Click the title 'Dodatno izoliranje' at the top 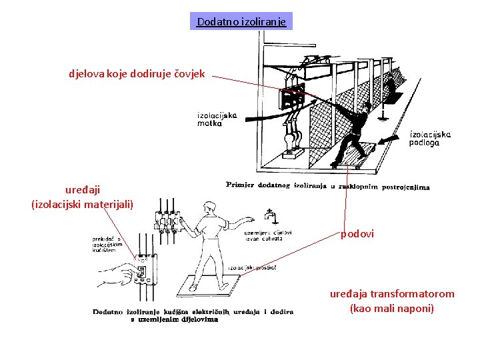241,22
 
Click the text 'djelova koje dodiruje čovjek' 136,74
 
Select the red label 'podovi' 357,234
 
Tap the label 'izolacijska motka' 217,119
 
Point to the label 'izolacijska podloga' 430,138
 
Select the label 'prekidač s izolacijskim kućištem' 108,244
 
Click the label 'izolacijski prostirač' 252,267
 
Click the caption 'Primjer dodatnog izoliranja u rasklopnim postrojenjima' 327,186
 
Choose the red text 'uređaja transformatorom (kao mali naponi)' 392,301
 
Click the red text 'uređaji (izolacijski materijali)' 82,197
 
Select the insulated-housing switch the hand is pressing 141,272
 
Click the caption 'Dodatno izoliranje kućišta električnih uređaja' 193,315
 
